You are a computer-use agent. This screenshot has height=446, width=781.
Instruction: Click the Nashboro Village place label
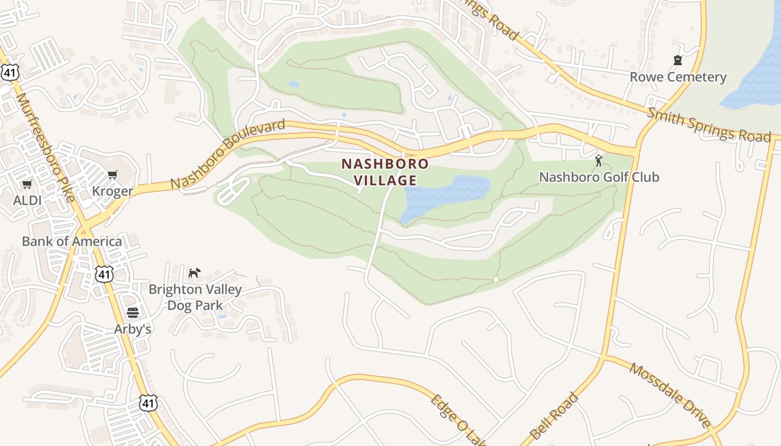pyautogui.click(x=385, y=172)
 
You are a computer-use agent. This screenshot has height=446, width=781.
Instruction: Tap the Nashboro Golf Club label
pyautogui.click(x=599, y=177)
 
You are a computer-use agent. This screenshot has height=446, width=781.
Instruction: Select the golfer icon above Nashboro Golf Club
pyautogui.click(x=599, y=161)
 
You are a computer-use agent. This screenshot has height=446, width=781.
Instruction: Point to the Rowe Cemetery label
pyautogui.click(x=678, y=77)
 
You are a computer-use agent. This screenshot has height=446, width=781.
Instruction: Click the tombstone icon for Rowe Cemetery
pyautogui.click(x=678, y=60)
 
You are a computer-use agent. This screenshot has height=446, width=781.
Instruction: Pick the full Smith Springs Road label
pyautogui.click(x=708, y=125)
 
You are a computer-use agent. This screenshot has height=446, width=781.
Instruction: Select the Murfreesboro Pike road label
pyautogui.click(x=46, y=147)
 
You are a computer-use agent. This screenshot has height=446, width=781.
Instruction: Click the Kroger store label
pyautogui.click(x=113, y=191)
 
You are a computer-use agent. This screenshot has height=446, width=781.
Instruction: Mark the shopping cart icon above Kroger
pyautogui.click(x=113, y=175)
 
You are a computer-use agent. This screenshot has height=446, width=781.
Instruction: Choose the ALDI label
pyautogui.click(x=27, y=200)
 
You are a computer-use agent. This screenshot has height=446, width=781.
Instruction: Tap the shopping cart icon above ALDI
pyautogui.click(x=27, y=184)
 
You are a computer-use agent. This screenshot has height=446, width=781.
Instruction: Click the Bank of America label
pyautogui.click(x=72, y=241)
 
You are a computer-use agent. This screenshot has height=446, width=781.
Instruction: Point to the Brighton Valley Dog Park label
pyautogui.click(x=195, y=297)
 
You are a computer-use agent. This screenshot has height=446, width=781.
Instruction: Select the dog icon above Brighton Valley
pyautogui.click(x=194, y=273)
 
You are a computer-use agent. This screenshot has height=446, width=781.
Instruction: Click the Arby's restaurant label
pyautogui.click(x=133, y=329)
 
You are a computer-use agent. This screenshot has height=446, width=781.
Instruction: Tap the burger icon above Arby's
pyautogui.click(x=132, y=313)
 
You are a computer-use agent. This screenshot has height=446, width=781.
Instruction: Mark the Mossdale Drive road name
pyautogui.click(x=670, y=395)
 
